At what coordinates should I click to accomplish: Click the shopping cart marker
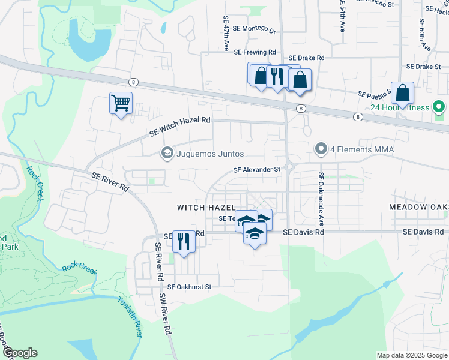tap(121, 103)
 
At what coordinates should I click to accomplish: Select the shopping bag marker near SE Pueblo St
tap(402, 93)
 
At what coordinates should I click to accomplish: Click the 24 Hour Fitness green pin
tap(439, 107)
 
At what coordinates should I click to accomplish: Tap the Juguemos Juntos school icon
tap(167, 154)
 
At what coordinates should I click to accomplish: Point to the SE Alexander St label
tap(257, 170)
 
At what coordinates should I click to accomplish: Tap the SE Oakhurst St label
tap(190, 287)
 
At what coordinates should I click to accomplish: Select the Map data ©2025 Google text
tap(411, 355)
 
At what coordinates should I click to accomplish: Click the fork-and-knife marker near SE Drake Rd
tap(276, 76)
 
